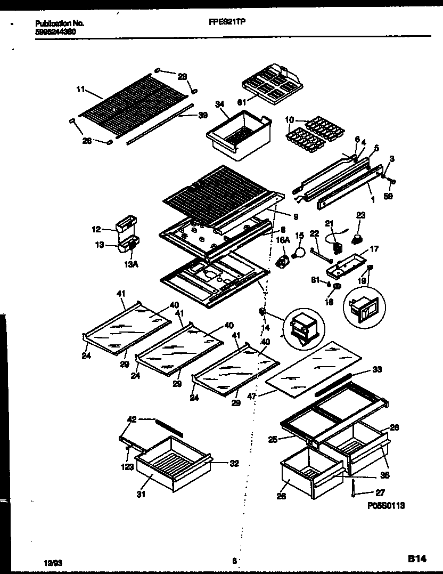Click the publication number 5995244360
53,31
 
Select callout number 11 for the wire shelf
80,90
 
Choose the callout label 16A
282,241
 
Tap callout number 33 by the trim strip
377,369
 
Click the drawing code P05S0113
385,505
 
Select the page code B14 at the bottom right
417,559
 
